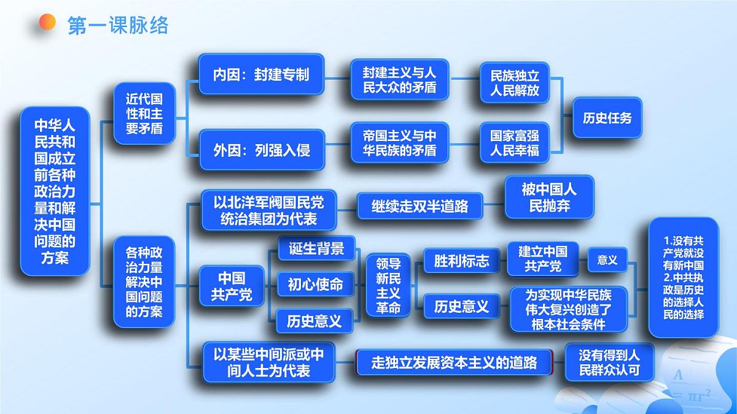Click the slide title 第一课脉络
(117, 25)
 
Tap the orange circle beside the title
(47, 23)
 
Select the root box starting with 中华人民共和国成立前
(55, 191)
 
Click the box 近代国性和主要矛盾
(144, 113)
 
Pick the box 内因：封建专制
(261, 74)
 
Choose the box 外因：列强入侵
(262, 149)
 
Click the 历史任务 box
(607, 118)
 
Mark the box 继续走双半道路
(419, 207)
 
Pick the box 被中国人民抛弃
(549, 197)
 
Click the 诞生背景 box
(316, 248)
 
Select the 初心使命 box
(316, 284)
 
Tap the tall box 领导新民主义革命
(388, 286)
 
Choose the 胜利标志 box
(461, 261)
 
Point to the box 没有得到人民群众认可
(609, 362)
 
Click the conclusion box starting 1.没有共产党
(683, 277)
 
